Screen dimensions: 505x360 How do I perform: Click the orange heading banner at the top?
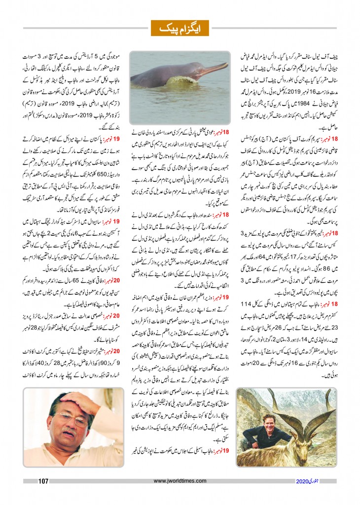(x=180, y=28)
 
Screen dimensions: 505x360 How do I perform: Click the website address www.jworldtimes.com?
(x=180, y=481)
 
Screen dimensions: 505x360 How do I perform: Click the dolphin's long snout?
(x=210, y=69)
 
